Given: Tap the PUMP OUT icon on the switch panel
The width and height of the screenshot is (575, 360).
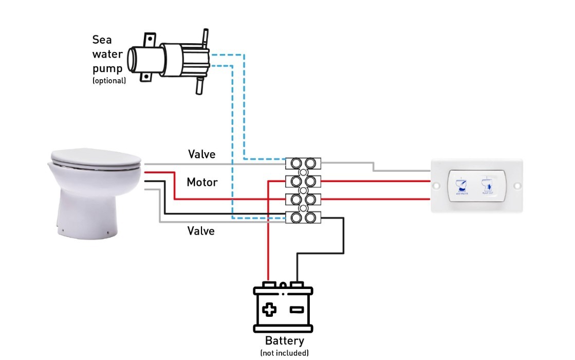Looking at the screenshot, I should pyautogui.click(x=486, y=185).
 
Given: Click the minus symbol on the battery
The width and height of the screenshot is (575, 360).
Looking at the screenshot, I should pyautogui.click(x=296, y=310).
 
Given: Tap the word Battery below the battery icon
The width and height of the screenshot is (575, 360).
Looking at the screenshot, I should pyautogui.click(x=284, y=340).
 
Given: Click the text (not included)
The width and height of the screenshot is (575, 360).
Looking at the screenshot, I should pyautogui.click(x=284, y=353).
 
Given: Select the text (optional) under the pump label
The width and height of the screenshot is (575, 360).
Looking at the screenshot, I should pyautogui.click(x=109, y=81).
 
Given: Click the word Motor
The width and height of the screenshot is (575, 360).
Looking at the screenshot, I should pyautogui.click(x=202, y=182).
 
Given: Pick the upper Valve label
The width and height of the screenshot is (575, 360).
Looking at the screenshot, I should pyautogui.click(x=201, y=154).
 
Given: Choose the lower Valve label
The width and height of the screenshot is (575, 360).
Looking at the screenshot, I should pyautogui.click(x=201, y=231).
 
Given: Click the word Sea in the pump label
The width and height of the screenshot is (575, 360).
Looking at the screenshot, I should pyautogui.click(x=102, y=40).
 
